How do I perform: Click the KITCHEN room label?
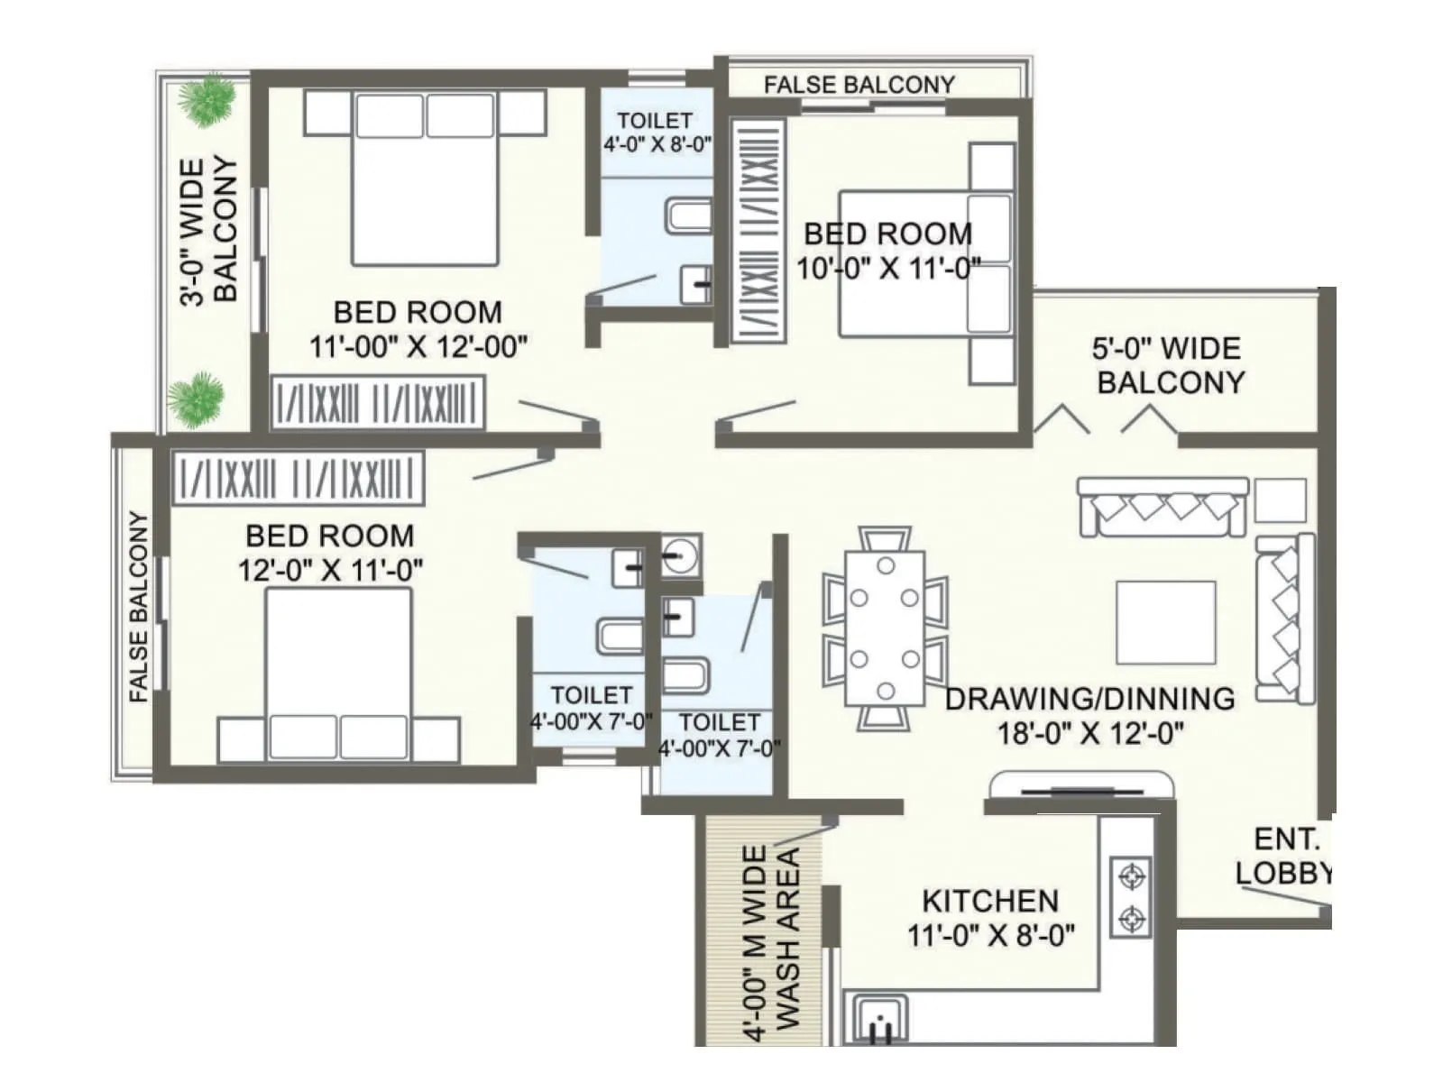tap(989, 901)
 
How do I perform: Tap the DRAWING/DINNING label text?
tap(1089, 699)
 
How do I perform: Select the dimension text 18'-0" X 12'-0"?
tap(1089, 734)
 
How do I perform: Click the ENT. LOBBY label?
tap(1284, 856)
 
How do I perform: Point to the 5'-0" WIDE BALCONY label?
tap(1169, 365)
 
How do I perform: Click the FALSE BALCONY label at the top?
tap(859, 85)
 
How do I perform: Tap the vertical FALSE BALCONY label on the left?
tap(138, 607)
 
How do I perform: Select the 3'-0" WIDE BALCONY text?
tap(209, 232)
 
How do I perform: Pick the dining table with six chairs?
tap(885, 628)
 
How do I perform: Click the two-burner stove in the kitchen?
tap(1129, 897)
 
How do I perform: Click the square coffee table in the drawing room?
tap(1165, 622)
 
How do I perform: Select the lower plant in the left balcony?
tap(194, 401)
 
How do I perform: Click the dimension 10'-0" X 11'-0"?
tap(888, 269)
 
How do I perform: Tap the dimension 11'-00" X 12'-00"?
tap(418, 347)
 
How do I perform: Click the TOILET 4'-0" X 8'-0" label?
tap(656, 132)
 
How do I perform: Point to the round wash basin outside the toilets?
tap(680, 554)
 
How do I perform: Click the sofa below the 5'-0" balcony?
tap(1163, 508)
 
